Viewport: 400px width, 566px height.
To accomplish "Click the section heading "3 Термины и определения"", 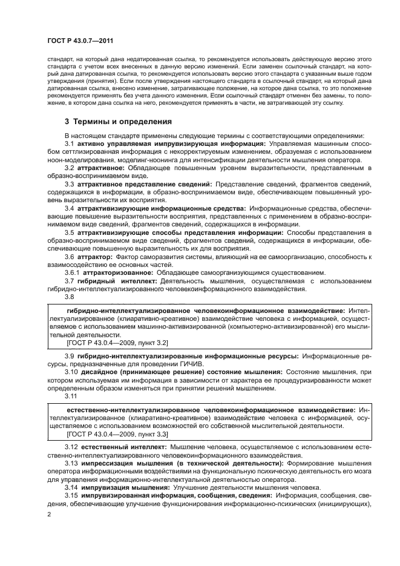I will (118, 121).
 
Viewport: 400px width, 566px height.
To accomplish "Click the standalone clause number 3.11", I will (71, 394).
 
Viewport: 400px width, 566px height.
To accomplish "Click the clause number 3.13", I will (71, 462).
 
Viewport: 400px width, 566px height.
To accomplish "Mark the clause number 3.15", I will (71, 496).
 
